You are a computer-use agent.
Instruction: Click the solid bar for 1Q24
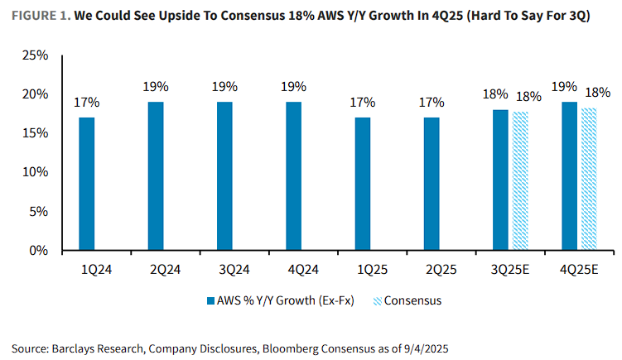87,183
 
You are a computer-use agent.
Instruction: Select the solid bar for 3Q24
224,175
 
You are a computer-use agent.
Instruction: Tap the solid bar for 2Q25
431,183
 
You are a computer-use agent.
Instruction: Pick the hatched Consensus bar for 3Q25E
520,180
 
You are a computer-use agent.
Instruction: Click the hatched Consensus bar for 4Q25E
589,179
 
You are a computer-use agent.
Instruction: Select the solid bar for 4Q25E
569,175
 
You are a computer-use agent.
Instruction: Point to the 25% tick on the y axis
36,55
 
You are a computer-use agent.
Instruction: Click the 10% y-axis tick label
36,172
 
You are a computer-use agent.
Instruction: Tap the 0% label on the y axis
40,250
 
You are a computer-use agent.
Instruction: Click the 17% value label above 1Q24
87,103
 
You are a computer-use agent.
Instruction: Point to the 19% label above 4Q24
293,87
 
